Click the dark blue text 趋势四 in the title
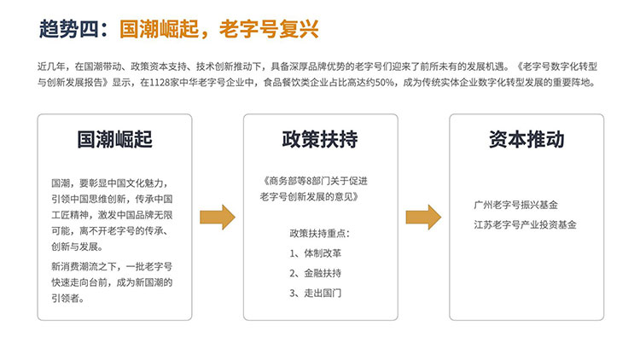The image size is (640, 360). [69, 29]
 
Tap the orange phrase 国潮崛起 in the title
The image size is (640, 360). [160, 29]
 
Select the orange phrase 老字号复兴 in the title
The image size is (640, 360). [269, 29]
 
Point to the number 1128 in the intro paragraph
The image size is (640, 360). [160, 83]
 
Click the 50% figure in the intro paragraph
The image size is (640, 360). [384, 83]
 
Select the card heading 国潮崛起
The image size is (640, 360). [114, 139]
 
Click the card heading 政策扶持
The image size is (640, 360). [320, 139]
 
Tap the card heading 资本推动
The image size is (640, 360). [527, 139]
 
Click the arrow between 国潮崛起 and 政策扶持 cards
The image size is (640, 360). [218, 218]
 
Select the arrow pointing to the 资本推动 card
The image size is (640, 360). [423, 218]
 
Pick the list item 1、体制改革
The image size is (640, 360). [315, 253]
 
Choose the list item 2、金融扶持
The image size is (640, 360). [315, 273]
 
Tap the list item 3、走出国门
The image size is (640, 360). [315, 293]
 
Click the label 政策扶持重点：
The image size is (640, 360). [320, 234]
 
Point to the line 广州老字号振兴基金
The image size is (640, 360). [516, 205]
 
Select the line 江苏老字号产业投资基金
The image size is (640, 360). [525, 224]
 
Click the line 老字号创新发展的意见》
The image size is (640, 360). [310, 197]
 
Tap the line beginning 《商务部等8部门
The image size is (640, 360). [315, 181]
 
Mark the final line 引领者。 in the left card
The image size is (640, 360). [68, 299]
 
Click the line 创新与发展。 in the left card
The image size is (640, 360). [77, 247]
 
